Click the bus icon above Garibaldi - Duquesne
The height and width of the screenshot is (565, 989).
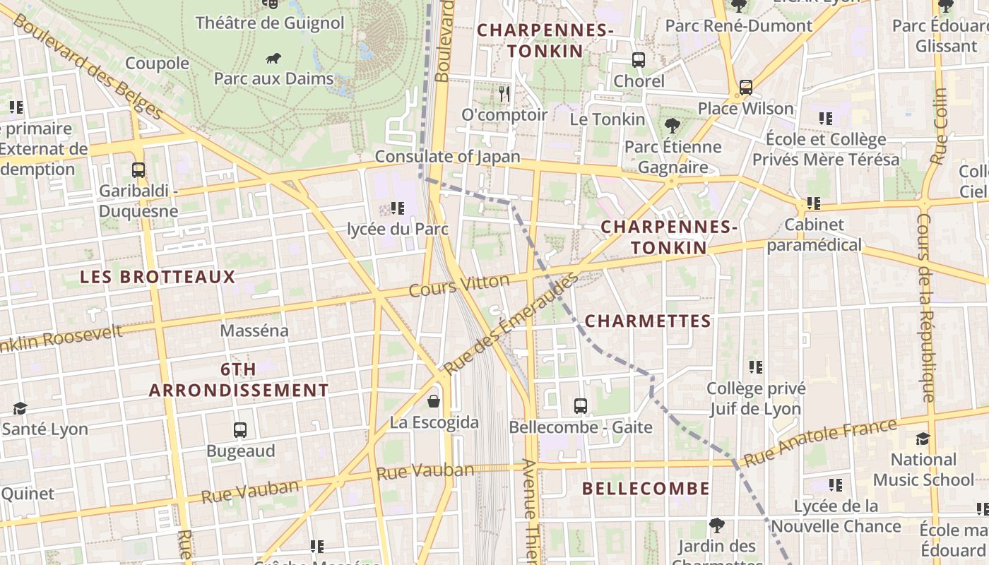tap(138, 170)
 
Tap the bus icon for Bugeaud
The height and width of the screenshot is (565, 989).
tap(240, 429)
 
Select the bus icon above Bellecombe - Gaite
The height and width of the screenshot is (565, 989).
tap(581, 406)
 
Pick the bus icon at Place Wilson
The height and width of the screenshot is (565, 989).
tap(745, 88)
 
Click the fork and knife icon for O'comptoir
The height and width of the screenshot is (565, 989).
tap(504, 93)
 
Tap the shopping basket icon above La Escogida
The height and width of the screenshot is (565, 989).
tap(434, 401)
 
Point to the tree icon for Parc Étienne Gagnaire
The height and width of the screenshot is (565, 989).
tap(672, 126)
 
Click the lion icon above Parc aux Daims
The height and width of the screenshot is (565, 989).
tap(273, 58)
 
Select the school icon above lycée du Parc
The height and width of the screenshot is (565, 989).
tap(398, 208)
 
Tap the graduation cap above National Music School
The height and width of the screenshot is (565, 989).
tap(923, 439)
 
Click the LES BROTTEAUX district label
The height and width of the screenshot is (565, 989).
tap(158, 277)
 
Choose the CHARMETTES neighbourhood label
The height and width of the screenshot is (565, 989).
tap(648, 321)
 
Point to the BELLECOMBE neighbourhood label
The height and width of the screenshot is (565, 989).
tap(646, 489)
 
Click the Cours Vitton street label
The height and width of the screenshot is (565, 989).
tap(459, 286)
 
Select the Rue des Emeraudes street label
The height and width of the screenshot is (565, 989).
tap(510, 323)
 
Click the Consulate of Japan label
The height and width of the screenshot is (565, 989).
tap(447, 157)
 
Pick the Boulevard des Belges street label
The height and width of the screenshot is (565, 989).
tap(88, 67)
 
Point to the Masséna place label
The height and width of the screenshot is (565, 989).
tap(254, 331)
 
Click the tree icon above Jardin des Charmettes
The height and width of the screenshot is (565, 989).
tap(717, 525)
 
